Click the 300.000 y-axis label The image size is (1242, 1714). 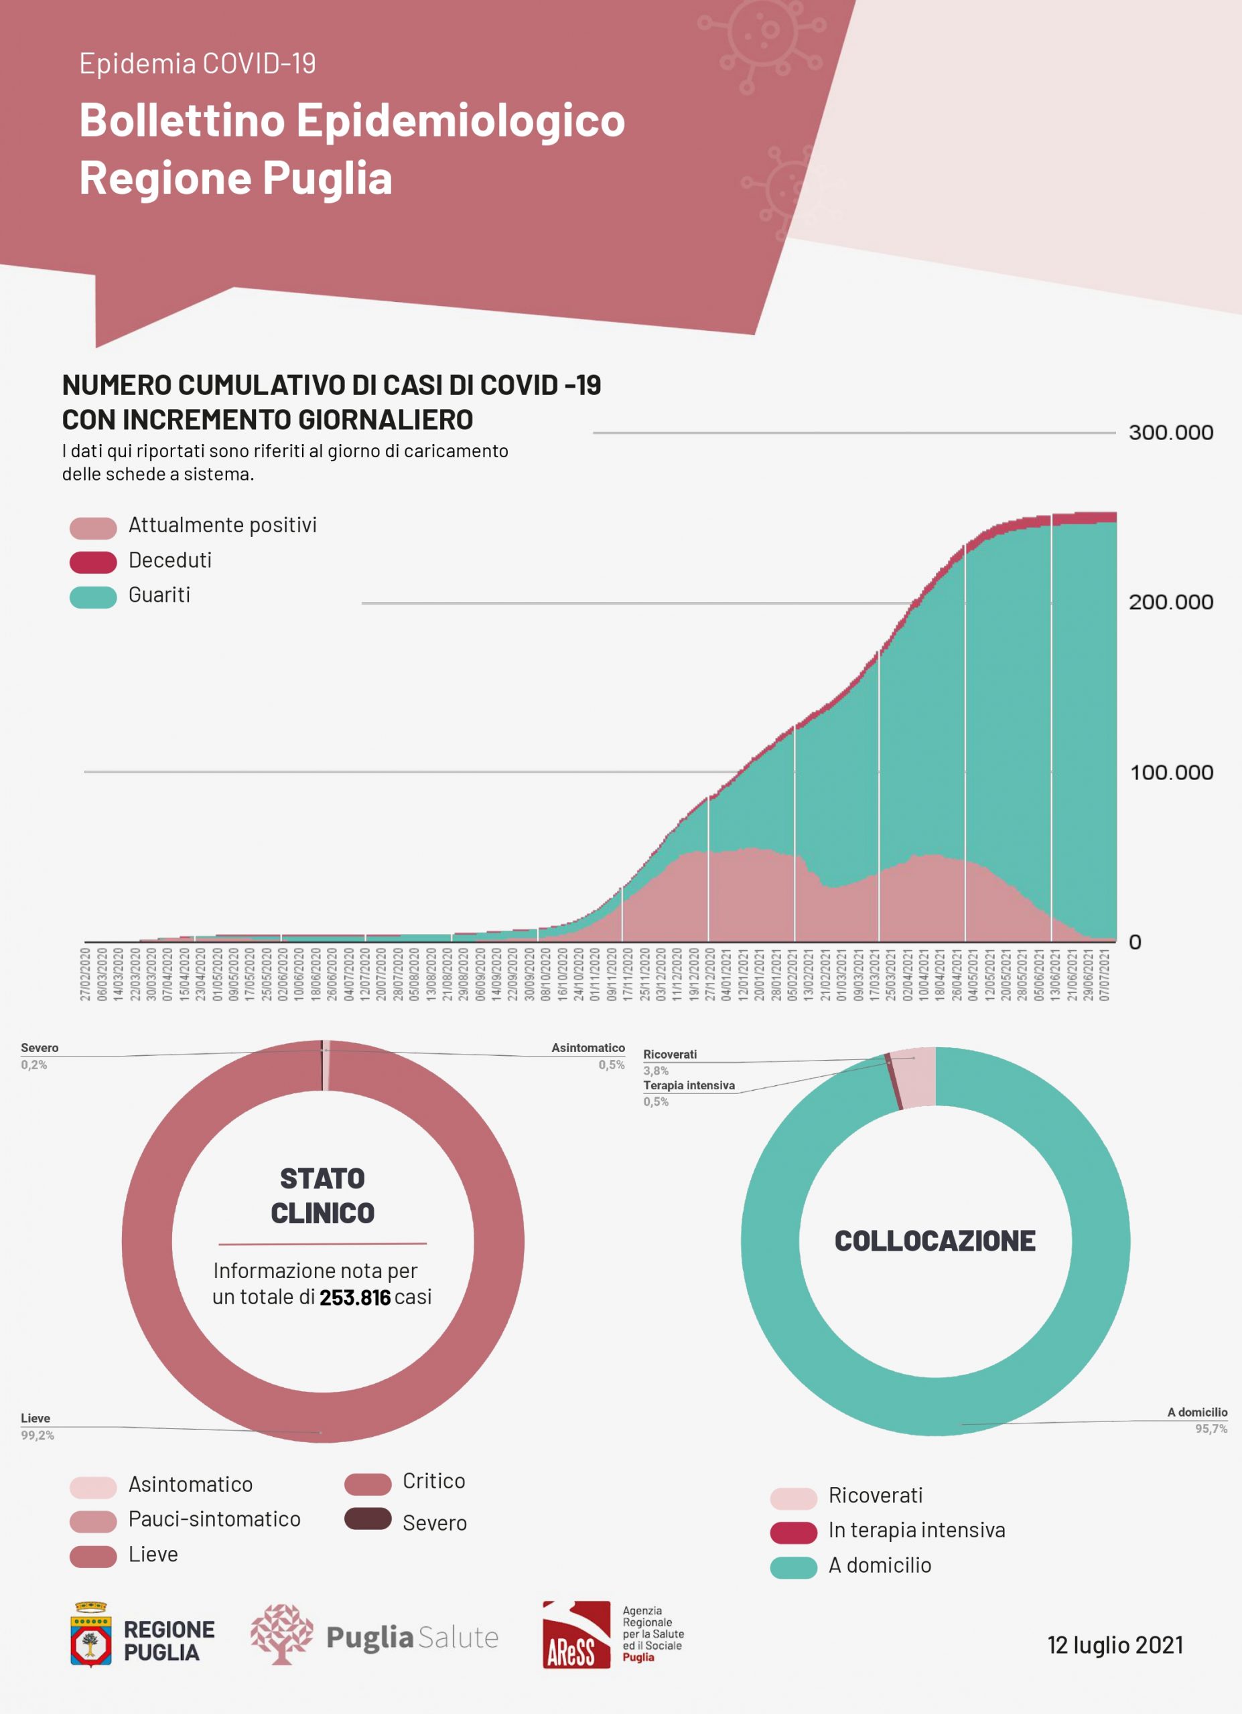tap(1170, 433)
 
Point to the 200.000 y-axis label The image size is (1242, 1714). tap(1170, 603)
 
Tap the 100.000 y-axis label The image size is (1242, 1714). tap(1171, 773)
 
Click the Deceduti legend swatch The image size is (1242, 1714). tap(93, 562)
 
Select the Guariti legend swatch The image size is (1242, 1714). tap(93, 597)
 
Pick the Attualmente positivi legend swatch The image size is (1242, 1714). tap(93, 528)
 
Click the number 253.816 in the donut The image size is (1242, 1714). tap(354, 1298)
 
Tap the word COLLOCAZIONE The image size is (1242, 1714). tap(935, 1241)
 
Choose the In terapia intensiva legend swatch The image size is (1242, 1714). tap(793, 1532)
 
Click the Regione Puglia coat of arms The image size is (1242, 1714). tap(90, 1633)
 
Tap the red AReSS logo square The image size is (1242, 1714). tap(576, 1634)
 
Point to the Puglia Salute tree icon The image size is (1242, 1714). tap(281, 1634)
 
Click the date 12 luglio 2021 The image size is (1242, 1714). tap(1114, 1644)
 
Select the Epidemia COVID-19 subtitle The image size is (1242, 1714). tap(198, 64)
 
